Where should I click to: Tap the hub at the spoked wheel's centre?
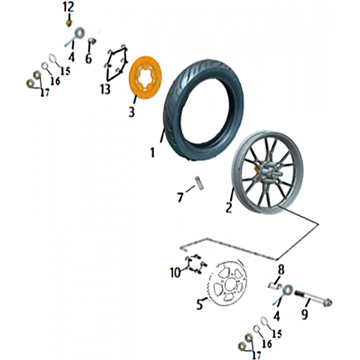(268, 172)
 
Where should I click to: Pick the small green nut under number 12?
(69, 24)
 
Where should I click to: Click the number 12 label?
(68, 7)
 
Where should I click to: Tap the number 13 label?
(105, 89)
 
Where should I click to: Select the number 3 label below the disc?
(131, 112)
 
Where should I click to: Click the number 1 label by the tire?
(152, 152)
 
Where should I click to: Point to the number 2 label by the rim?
(229, 208)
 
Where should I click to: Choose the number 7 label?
(180, 197)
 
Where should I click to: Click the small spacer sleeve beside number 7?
(199, 184)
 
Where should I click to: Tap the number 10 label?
(175, 272)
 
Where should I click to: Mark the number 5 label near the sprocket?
(199, 304)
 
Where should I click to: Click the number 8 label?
(281, 270)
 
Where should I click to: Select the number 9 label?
(304, 314)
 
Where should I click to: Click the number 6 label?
(88, 58)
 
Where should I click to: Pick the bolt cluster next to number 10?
(196, 265)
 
